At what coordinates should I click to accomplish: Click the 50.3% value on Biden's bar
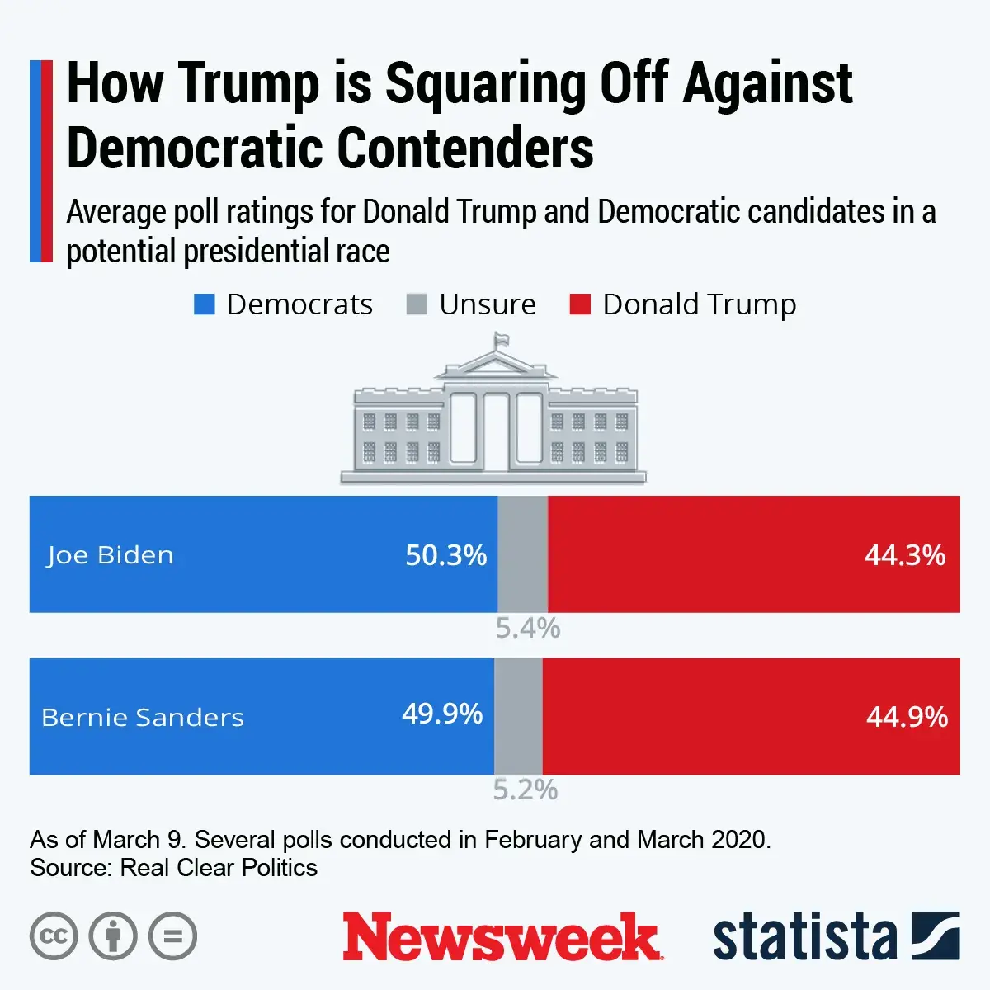coord(445,555)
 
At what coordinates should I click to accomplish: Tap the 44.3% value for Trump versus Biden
coord(904,555)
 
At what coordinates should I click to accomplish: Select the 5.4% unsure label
coord(527,629)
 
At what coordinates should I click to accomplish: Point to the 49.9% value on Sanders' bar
coord(442,714)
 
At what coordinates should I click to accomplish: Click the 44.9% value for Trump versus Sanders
coord(907,717)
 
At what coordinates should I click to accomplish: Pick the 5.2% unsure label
coord(525,790)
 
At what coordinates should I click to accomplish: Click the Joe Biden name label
coord(110,555)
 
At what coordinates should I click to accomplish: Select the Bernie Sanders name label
coord(143,717)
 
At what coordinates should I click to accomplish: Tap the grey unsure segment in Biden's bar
coord(522,554)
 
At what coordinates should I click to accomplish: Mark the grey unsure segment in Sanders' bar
coord(518,715)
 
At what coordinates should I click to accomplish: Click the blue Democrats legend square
coord(204,304)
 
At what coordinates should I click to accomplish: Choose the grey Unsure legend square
coord(417,304)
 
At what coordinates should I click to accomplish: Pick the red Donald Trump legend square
coord(580,304)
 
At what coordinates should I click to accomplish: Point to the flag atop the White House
coord(500,340)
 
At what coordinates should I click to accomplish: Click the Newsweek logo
coord(502,936)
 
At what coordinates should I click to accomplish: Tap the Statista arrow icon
coord(936,936)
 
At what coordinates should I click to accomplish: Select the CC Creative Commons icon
coord(54,936)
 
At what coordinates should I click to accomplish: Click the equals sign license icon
coord(172,936)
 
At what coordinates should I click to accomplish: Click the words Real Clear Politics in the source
coord(219,868)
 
